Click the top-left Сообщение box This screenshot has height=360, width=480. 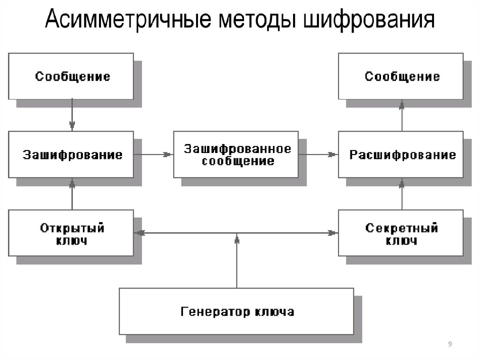pos(71,76)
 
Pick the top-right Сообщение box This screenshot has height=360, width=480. pos(401,76)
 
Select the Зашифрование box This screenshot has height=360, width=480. pos(71,154)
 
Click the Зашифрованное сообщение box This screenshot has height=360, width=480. pos(236,154)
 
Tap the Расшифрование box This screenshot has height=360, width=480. pos(401,154)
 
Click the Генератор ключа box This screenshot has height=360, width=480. pos(236,311)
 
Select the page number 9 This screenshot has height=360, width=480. pos(450,344)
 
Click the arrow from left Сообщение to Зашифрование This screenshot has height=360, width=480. pos(72,115)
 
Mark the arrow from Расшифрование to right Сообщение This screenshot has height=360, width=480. pos(401,115)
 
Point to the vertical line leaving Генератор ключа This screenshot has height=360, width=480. pos(236,262)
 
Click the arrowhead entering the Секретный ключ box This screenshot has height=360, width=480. pos(332,233)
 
